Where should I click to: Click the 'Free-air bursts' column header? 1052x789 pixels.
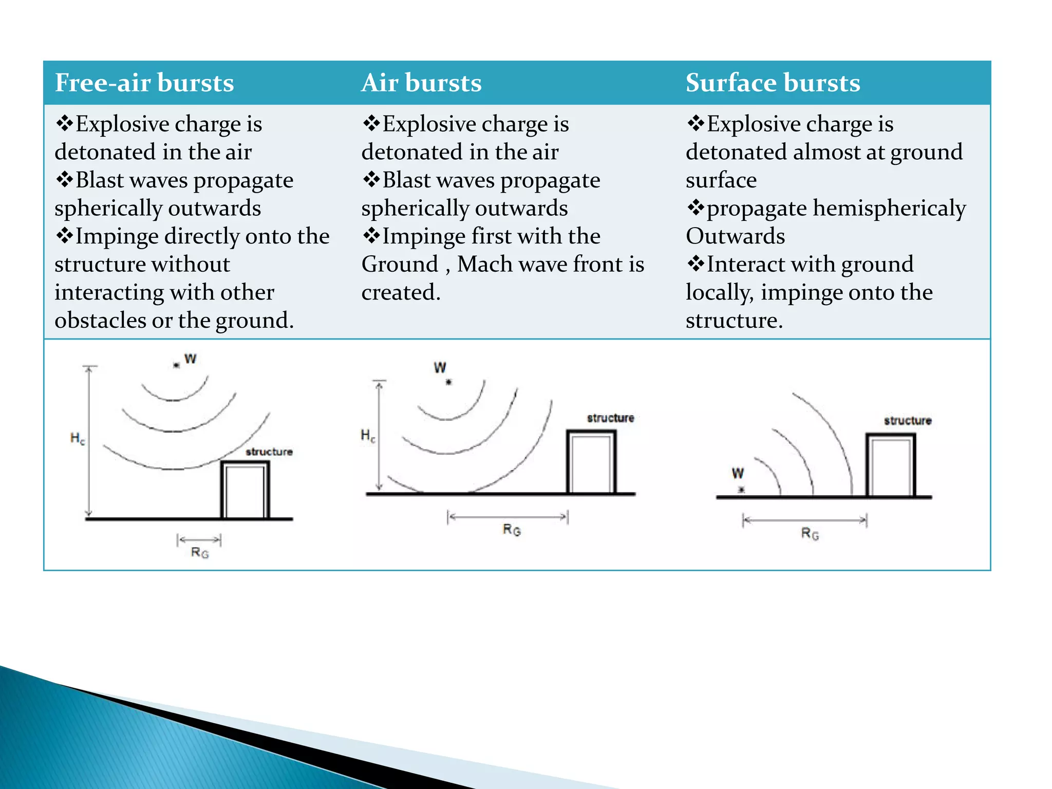coord(144,83)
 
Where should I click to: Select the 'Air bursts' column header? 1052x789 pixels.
coord(421,83)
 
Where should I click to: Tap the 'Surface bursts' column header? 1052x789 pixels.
coord(773,83)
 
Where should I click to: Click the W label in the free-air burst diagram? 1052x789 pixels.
coord(190,359)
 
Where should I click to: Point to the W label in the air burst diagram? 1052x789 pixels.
coord(440,368)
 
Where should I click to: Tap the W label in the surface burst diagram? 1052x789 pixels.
coord(738,473)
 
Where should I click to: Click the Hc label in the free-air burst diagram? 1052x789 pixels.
coord(78,439)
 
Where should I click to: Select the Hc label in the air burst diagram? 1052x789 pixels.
coord(368,436)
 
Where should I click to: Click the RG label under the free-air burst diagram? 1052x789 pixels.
coord(200,553)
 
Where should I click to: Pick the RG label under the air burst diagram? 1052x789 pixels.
coord(512,530)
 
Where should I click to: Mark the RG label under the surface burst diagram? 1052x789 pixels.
coord(810,534)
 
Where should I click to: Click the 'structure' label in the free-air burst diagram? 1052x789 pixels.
coord(269,452)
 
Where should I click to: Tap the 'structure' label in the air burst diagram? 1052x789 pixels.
coord(610,418)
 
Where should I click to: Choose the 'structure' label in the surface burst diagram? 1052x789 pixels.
coord(908,421)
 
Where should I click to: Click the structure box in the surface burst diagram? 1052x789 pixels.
coord(891,465)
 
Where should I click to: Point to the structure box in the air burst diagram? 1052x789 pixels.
coord(591,462)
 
